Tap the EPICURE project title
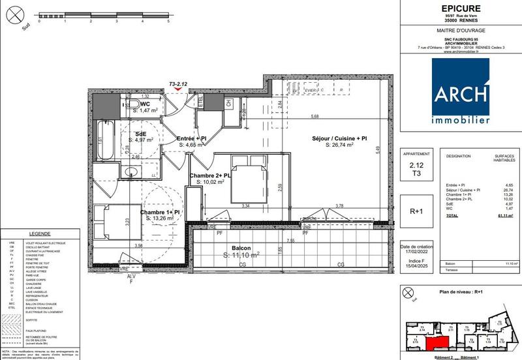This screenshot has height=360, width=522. click(460, 8)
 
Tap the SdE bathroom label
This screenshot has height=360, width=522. click(140, 136)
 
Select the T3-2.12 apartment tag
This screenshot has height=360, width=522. click(177, 84)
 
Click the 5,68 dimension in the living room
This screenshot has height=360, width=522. click(315, 117)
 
